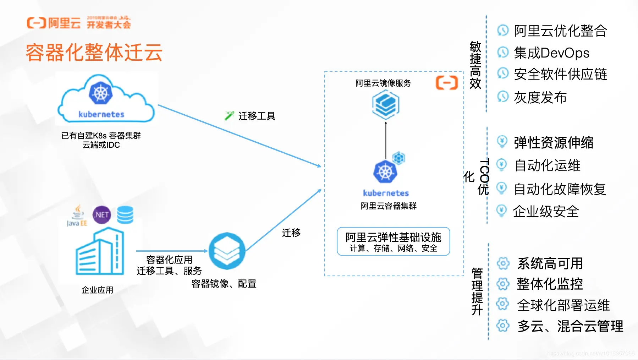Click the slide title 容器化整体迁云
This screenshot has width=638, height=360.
[x=94, y=53]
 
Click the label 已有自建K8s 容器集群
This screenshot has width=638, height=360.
[x=101, y=136]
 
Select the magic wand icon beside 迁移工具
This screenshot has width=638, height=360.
[x=229, y=115]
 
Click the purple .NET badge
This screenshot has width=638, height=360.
[x=101, y=215]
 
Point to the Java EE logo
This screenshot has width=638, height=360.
[x=77, y=216]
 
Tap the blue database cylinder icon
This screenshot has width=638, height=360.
[x=125, y=215]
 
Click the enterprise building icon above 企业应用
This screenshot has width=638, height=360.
[x=100, y=252]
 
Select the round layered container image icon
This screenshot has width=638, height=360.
[x=227, y=251]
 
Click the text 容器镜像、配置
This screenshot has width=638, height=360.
[x=224, y=284]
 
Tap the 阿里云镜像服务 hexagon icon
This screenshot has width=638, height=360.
[x=386, y=105]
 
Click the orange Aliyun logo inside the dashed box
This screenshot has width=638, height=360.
[x=446, y=83]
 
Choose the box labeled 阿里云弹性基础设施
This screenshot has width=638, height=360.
[x=393, y=241]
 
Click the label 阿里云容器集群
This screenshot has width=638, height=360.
[x=389, y=206]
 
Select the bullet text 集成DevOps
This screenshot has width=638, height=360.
[x=551, y=53]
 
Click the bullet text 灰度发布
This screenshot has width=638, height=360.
[x=540, y=97]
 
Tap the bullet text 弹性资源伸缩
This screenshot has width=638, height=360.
[x=554, y=143]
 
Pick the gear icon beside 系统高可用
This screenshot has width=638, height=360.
[x=503, y=263]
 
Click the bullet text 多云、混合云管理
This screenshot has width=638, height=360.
[x=570, y=326]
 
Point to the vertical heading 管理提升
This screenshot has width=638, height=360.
[x=477, y=291]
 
